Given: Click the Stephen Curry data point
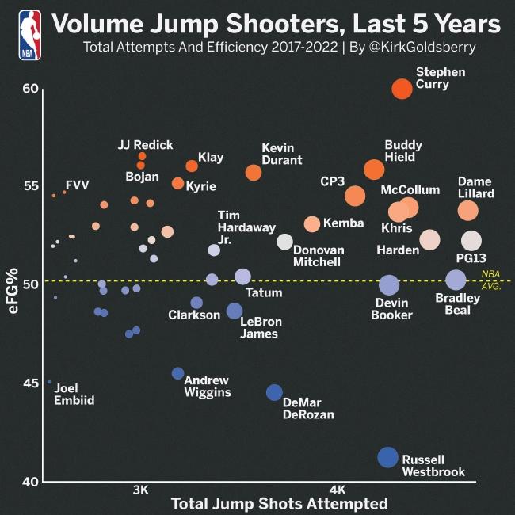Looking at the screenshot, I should tap(402, 89).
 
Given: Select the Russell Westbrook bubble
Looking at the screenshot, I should tap(387, 457).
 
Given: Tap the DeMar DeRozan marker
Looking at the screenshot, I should tap(274, 392).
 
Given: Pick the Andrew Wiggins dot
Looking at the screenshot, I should tap(177, 373).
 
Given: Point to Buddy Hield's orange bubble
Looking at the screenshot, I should tap(374, 170).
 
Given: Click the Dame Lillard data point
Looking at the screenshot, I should tap(468, 211).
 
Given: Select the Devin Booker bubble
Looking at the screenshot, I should tap(388, 285).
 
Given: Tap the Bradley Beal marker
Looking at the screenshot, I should tap(456, 280).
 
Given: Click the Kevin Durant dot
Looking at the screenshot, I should tap(254, 172).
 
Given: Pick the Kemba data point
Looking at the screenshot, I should tap(312, 224).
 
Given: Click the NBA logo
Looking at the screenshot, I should tap(29, 35).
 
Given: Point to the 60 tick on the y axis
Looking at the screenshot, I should tap(30, 88).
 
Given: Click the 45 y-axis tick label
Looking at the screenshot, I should tap(30, 383).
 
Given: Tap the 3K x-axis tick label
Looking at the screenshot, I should tap(141, 489).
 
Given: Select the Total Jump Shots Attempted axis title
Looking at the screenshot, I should tap(279, 504).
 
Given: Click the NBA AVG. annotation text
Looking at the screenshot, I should tap(490, 280).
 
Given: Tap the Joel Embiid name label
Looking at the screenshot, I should tap(74, 395).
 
